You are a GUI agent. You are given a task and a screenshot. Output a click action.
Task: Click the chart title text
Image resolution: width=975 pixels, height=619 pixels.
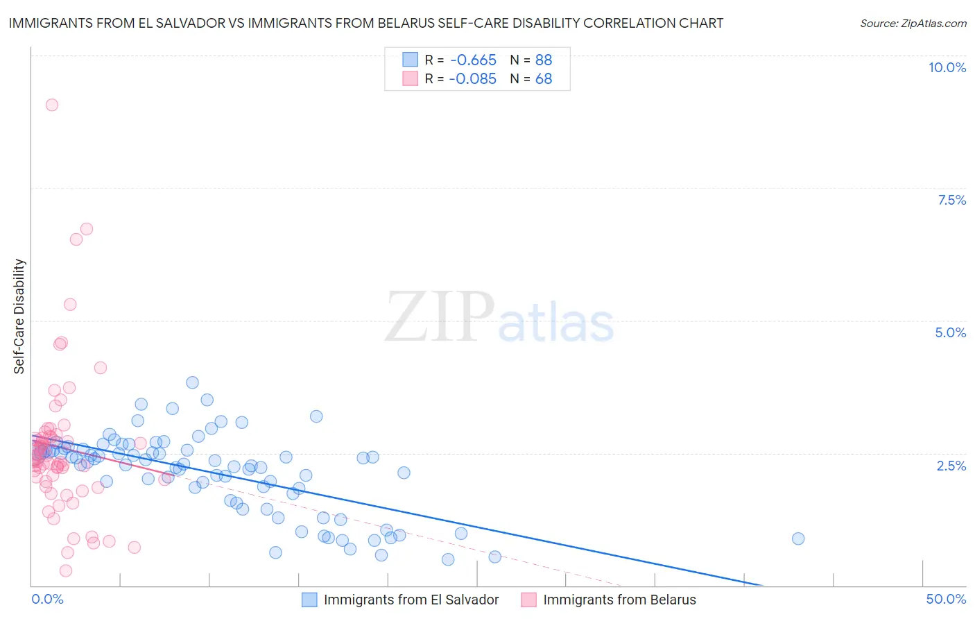(x=365, y=23)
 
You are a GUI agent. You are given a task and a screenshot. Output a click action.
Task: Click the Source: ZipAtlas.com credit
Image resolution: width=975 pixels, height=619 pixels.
(x=913, y=24)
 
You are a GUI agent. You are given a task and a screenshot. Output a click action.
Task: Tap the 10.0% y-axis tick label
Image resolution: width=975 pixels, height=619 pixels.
(x=947, y=67)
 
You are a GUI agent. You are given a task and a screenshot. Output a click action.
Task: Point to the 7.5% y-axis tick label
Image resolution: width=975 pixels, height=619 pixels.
(x=951, y=200)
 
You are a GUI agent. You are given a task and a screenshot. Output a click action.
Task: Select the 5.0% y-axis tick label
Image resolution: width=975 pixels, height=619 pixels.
(x=950, y=332)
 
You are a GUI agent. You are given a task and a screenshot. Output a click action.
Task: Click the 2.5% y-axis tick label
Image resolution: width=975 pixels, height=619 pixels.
(x=951, y=466)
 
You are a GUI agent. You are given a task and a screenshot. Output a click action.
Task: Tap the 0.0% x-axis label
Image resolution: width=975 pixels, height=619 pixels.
(x=47, y=599)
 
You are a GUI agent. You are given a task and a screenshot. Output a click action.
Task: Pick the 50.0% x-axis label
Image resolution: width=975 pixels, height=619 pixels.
(x=946, y=599)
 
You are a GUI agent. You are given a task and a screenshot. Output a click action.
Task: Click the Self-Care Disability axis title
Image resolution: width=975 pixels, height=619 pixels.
(x=19, y=316)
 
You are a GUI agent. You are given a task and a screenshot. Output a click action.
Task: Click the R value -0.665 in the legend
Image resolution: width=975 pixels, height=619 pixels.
(x=472, y=60)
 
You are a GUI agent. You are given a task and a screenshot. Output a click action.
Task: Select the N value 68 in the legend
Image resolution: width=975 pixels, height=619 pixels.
(x=544, y=79)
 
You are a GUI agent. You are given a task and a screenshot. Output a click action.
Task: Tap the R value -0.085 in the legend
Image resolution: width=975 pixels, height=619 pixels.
(x=472, y=79)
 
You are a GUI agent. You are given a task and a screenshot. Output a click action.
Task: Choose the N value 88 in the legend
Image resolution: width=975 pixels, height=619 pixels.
(x=544, y=60)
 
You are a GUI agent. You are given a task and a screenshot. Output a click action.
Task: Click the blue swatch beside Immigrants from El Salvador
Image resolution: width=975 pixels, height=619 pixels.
(x=309, y=600)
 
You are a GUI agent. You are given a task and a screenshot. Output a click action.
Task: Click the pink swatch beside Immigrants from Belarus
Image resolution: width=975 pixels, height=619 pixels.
(x=528, y=600)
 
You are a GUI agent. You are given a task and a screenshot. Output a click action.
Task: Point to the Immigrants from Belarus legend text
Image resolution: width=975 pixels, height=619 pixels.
(x=619, y=600)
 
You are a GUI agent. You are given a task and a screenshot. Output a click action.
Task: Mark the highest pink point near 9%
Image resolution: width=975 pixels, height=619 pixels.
(x=52, y=105)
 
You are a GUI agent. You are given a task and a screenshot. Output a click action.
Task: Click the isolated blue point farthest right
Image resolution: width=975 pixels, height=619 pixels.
(x=798, y=539)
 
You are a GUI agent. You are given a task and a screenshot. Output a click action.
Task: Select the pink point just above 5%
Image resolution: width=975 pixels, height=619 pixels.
(x=70, y=305)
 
